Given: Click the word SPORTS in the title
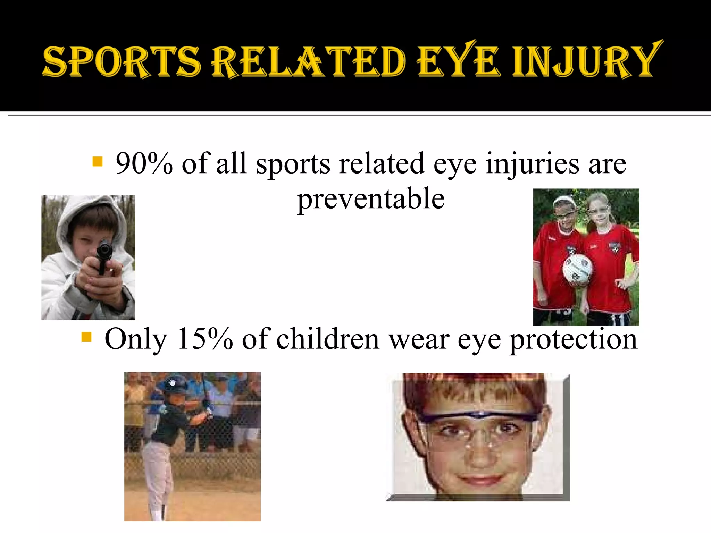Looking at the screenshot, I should coord(122,62).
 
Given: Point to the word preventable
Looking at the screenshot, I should coord(371,198).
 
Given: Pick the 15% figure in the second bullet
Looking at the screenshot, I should coord(205,339).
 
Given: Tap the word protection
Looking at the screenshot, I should coord(573,339).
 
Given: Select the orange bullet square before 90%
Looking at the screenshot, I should coord(98,161).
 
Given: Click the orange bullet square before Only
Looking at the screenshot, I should coord(86,337).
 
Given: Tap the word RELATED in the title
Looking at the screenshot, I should coord(308,62).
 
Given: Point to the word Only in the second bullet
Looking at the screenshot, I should coord(136,339).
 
